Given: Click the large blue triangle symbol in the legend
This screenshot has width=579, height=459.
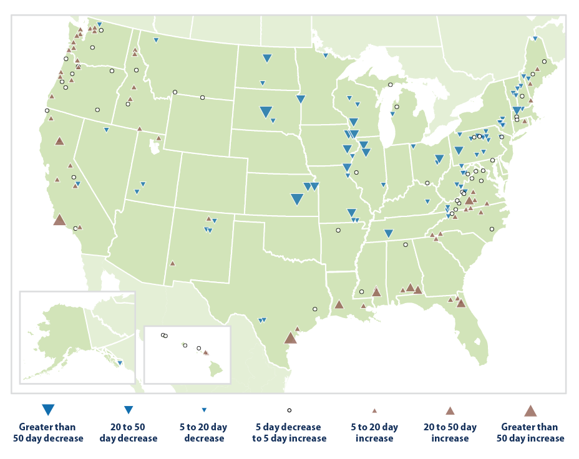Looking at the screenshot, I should pos(48,410).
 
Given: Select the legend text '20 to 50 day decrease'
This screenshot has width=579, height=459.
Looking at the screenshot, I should pos(128,432).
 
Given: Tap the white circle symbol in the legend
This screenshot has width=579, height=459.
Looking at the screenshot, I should pos(289,410).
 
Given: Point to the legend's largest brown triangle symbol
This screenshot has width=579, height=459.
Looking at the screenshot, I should pos(530,410).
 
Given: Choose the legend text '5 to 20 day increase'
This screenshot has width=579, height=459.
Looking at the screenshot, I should pos(374,432).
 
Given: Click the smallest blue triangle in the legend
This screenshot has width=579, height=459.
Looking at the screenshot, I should pos(204,410).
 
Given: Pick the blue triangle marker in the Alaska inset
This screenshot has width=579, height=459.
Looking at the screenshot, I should pos(120,362).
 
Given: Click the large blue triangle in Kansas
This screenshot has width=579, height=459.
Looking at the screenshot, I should pos(297,200).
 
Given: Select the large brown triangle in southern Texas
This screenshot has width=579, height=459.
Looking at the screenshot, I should pos(290,338).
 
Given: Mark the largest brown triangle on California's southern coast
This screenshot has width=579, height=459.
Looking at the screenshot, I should pos(60,220).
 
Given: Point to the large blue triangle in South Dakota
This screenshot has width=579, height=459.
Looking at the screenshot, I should pos(266,112).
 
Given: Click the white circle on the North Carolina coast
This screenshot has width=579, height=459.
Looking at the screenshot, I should pos(492,229).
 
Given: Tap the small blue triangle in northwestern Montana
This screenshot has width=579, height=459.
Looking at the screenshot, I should pos(156,41).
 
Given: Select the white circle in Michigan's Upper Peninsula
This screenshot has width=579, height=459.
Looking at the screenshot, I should pos(390,85).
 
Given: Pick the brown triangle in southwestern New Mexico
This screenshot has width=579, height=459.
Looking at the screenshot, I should pos(172,263).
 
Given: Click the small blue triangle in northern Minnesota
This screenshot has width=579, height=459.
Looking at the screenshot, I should pos(325,56).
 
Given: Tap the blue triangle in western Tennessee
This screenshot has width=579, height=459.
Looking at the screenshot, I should pos(388,233).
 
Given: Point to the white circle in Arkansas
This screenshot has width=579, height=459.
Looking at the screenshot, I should pos(338,230).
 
